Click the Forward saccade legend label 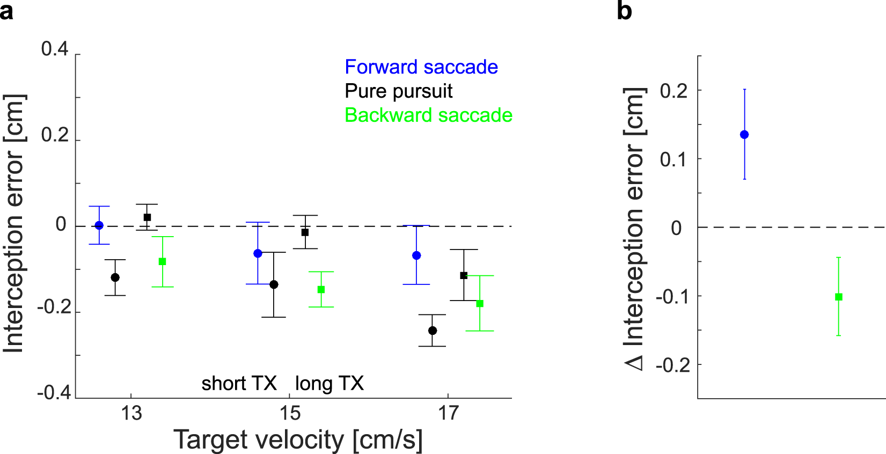pos(421,67)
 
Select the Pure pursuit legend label pos(399,91)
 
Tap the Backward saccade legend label pos(428,115)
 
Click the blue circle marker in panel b pos(744,135)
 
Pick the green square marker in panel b pos(839,297)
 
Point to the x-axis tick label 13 pos(131,413)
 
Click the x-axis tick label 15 pos(290,413)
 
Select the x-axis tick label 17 pos(449,413)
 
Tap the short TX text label pos(239,384)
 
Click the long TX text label pos(329,384)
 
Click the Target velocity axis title pos(298,440)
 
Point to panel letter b pos(624,11)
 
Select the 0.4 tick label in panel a pos(55,49)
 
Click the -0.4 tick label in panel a pos(54,393)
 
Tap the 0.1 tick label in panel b pos(673,159)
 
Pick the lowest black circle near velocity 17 pos(433,331)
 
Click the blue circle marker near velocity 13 pos(99,225)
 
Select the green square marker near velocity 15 pos(321,290)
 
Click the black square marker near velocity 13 pos(147,217)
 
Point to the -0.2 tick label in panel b pos(672,365)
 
